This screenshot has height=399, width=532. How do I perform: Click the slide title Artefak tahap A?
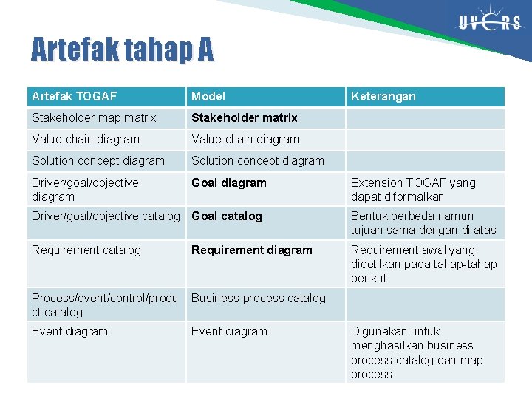click(122, 50)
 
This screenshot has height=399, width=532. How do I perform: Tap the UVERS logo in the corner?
click(489, 23)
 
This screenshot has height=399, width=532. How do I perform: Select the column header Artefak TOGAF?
click(75, 96)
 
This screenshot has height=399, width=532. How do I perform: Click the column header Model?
click(208, 96)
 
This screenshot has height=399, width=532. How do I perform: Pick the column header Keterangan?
click(383, 96)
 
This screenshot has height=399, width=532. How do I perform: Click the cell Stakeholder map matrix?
click(94, 117)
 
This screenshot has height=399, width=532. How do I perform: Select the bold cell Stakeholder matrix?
click(244, 117)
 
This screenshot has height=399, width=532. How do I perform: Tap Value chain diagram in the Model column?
click(245, 139)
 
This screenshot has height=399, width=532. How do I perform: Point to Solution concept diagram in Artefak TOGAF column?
click(98, 160)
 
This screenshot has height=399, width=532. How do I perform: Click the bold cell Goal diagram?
click(229, 183)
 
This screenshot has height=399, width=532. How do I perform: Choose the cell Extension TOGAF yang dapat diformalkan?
click(413, 189)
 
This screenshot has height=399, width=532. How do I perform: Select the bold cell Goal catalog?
click(227, 216)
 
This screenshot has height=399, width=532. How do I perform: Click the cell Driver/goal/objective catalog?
click(106, 216)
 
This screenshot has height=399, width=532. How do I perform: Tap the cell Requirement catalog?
click(86, 250)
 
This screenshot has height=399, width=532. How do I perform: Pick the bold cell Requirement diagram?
click(252, 250)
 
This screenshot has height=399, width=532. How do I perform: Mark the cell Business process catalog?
click(259, 298)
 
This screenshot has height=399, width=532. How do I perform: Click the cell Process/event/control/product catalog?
click(105, 304)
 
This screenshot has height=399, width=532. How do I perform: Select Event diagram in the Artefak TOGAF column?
click(69, 331)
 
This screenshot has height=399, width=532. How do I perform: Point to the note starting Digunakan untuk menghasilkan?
click(416, 352)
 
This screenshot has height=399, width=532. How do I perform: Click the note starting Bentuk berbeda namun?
click(423, 222)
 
